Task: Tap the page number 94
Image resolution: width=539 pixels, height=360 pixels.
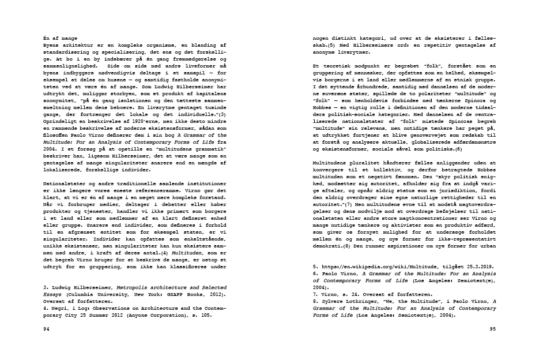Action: tap(47, 328)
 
